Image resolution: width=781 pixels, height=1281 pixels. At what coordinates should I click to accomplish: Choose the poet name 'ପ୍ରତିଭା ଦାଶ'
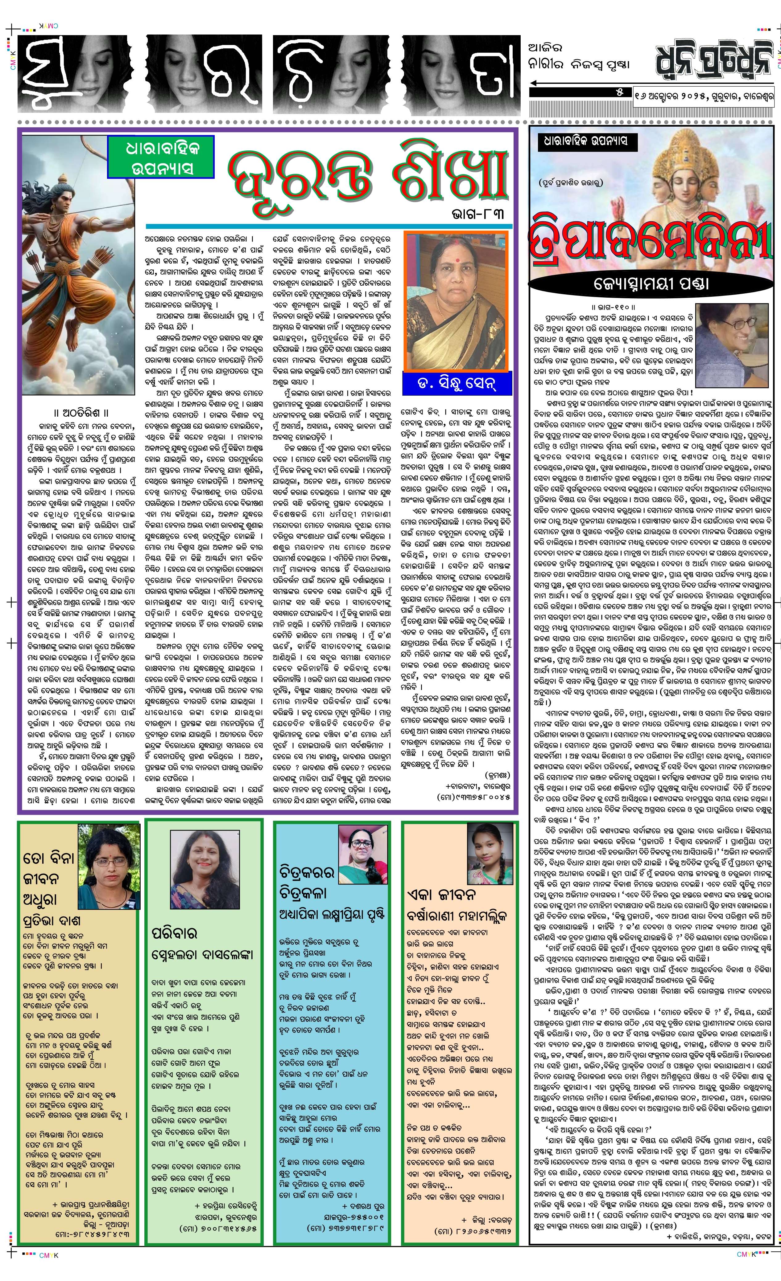pyautogui.click(x=52, y=921)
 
